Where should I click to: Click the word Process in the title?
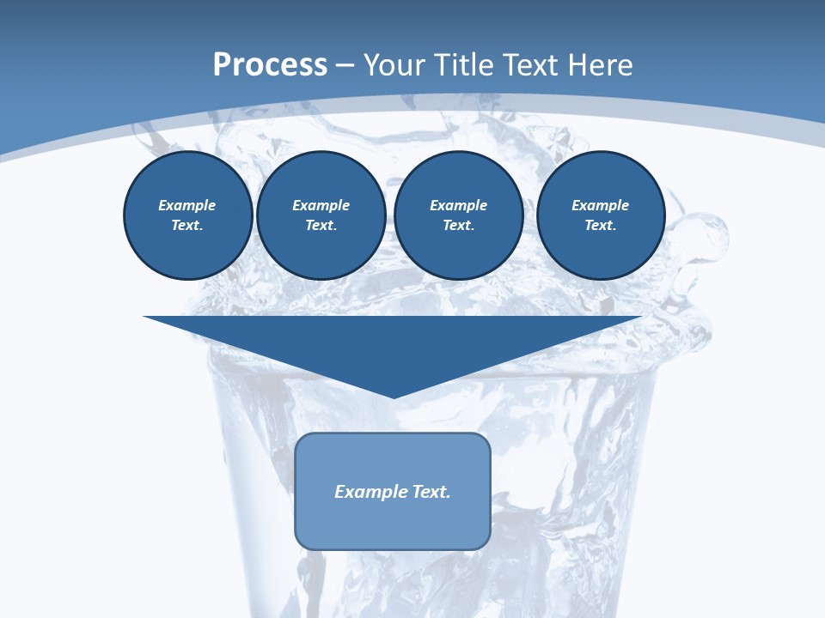tap(270, 65)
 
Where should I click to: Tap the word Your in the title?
tap(392, 65)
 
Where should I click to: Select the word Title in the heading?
tap(464, 65)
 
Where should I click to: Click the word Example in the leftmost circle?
tap(187, 205)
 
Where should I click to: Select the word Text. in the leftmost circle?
tap(187, 225)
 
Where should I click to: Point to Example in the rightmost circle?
tap(600, 205)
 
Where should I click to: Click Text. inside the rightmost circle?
tap(600, 225)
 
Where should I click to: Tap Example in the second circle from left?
tap(321, 205)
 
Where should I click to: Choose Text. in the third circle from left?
tap(458, 225)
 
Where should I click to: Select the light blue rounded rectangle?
tap(393, 524)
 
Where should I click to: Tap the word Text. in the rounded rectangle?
tap(431, 492)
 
